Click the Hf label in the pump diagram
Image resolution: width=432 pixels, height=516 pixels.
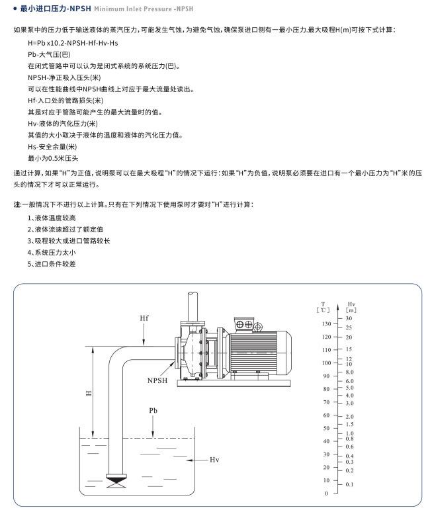(x=144, y=319)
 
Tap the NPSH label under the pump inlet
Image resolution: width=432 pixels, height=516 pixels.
(x=157, y=381)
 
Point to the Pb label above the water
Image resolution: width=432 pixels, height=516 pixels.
(x=153, y=411)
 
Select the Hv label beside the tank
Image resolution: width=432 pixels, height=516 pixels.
(x=214, y=459)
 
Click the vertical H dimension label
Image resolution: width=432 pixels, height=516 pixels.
(x=89, y=393)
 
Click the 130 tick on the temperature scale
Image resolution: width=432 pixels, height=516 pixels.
(x=325, y=324)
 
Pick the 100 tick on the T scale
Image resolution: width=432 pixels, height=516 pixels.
(x=325, y=363)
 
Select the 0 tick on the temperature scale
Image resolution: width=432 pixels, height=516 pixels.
(x=326, y=494)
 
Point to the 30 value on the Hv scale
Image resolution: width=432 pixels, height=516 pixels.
(x=349, y=318)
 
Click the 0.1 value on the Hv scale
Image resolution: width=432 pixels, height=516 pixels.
(x=350, y=485)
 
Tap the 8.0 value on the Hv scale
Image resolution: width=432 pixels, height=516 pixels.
(x=351, y=372)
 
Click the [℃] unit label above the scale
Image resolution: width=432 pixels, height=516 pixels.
(x=324, y=310)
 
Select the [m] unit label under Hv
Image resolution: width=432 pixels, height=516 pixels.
(x=351, y=310)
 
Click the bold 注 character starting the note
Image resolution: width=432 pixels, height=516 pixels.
(x=17, y=204)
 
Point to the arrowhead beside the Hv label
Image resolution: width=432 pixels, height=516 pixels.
(x=189, y=459)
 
